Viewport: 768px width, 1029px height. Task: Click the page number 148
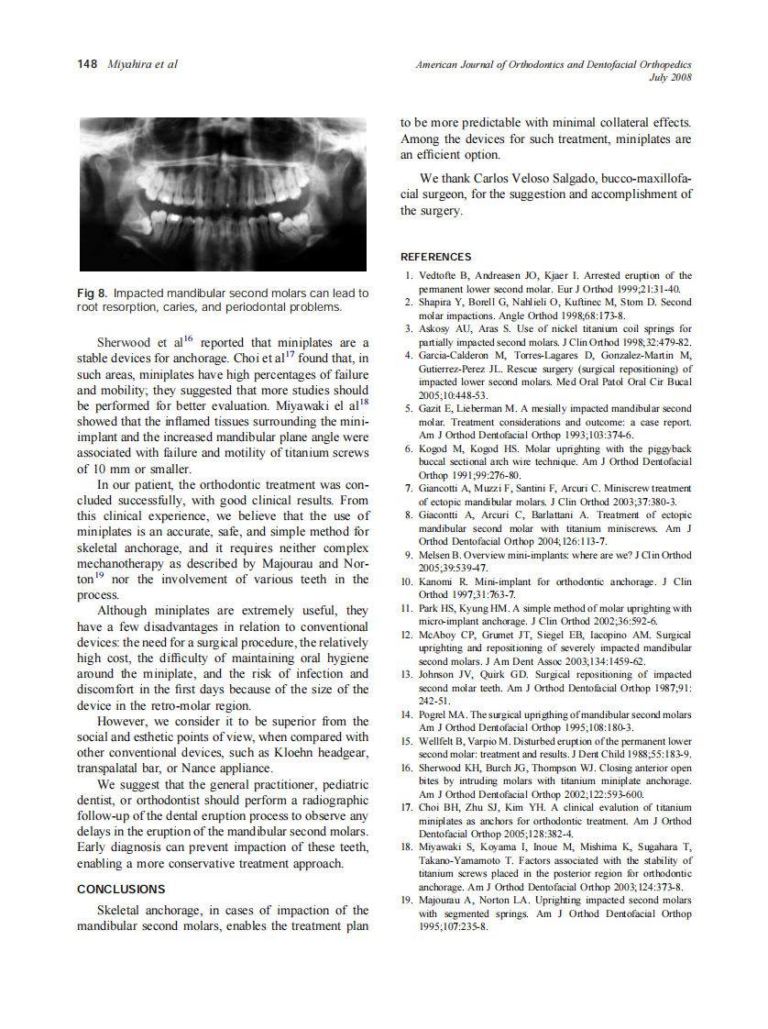click(x=88, y=64)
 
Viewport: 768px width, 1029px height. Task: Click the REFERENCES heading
click(x=436, y=257)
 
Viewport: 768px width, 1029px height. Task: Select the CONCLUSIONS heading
click(x=121, y=889)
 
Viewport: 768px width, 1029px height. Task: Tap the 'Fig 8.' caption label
click(x=93, y=293)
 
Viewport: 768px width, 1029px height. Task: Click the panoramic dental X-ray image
click(x=223, y=194)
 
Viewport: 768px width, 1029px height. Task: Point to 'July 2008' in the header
click(x=670, y=77)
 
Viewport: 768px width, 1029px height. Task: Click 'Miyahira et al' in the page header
click(x=142, y=64)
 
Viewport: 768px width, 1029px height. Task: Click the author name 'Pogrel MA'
click(x=443, y=714)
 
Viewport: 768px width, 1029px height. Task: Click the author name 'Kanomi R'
click(x=443, y=581)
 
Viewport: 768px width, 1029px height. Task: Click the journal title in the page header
click(x=553, y=64)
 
